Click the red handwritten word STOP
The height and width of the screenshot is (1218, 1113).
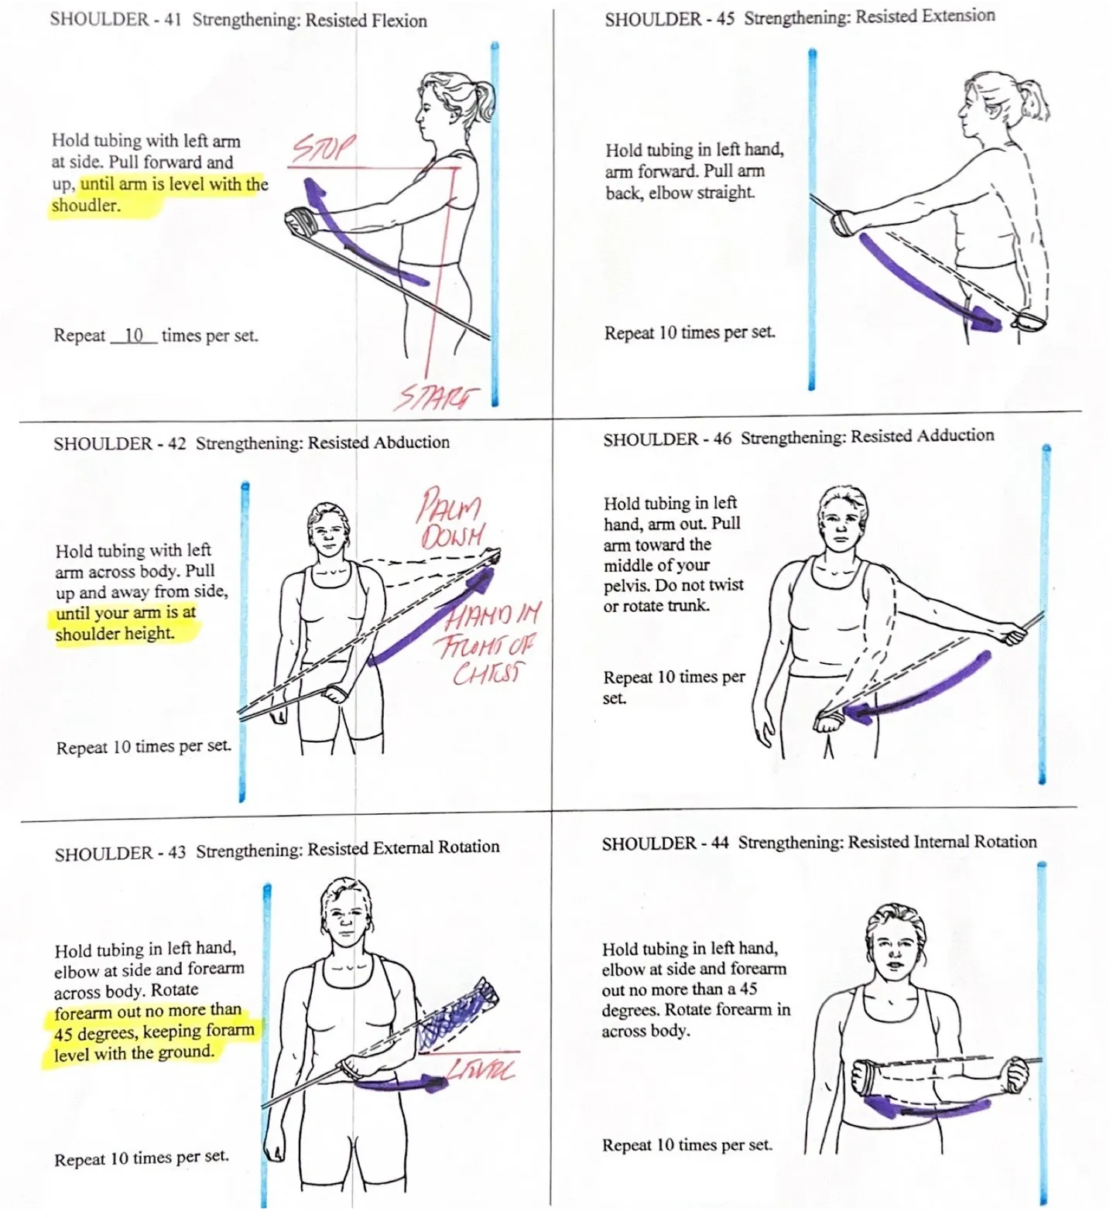pyautogui.click(x=323, y=149)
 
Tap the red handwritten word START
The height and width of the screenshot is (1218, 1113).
pyautogui.click(x=436, y=397)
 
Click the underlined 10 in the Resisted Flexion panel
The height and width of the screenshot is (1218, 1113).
pyautogui.click(x=134, y=335)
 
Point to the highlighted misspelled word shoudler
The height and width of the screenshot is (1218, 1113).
pyautogui.click(x=86, y=206)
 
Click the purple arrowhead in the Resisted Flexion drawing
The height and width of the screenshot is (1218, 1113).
pyautogui.click(x=314, y=190)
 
